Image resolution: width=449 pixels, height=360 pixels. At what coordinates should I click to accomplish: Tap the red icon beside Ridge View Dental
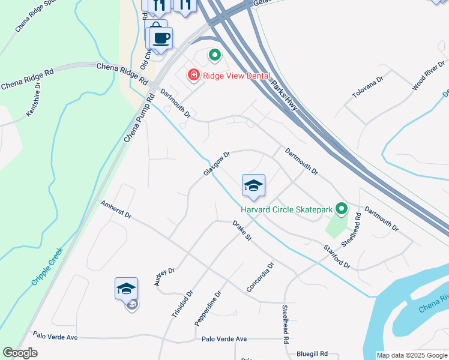[x=193, y=75]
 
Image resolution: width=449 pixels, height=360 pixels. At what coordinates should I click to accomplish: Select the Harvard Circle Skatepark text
[x=286, y=209]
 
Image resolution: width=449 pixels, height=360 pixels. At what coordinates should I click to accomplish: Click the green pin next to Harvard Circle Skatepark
[x=342, y=209]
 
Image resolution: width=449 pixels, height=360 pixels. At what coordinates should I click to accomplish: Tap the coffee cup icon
[x=161, y=38]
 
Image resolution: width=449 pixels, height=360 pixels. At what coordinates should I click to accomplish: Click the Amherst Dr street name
[x=116, y=210]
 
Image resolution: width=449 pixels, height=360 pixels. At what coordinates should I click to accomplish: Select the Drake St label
[x=241, y=230]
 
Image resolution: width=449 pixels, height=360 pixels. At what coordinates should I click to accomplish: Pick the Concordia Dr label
[x=260, y=277]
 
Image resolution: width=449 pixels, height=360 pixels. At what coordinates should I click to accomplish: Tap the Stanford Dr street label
[x=337, y=254]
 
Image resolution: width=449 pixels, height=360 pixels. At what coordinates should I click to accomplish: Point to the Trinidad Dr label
[x=182, y=305]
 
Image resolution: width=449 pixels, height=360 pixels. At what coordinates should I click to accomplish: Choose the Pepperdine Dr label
[x=208, y=309]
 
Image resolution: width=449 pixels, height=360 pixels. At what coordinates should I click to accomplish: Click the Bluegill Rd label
[x=312, y=354]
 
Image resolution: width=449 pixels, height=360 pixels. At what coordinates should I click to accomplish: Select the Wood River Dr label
[x=428, y=76]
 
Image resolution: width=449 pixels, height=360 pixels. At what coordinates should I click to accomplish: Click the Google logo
[x=20, y=353]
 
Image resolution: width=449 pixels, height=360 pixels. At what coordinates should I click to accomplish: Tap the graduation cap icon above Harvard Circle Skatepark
[x=253, y=185]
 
